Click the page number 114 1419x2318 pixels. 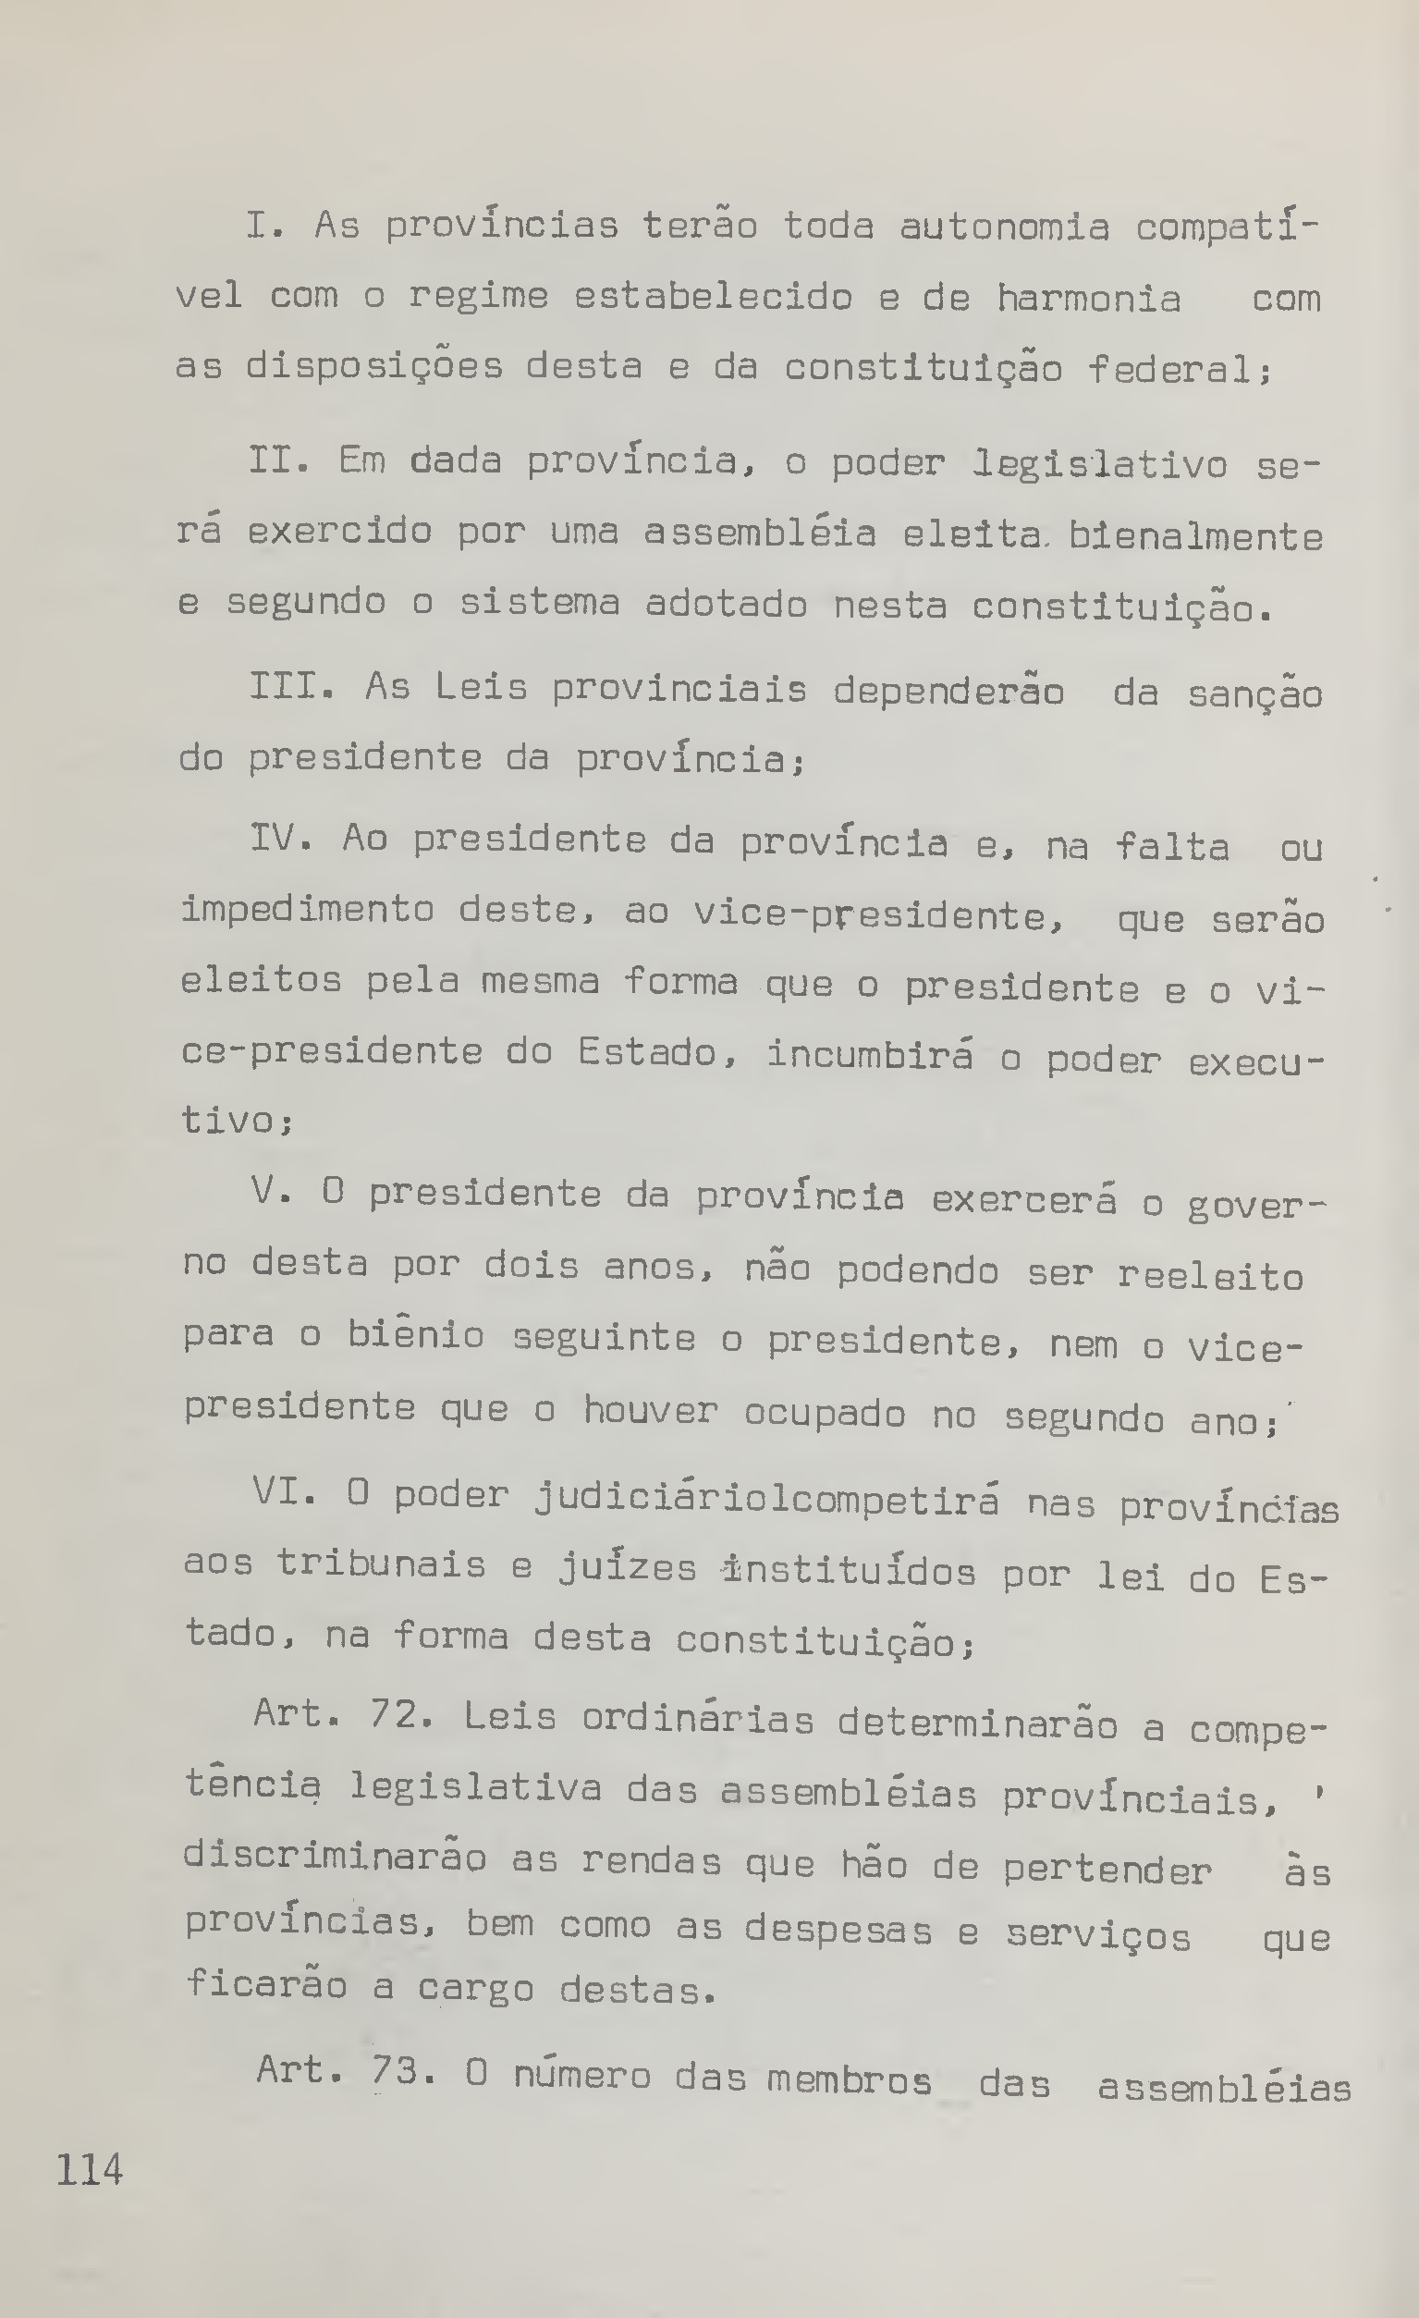tap(91, 2170)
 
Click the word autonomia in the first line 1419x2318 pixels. tap(1004, 227)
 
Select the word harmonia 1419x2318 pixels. tap(1088, 300)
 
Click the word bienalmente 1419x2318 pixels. tap(1196, 537)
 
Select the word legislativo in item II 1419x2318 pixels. tap(1099, 464)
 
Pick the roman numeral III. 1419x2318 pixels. tap(288, 687)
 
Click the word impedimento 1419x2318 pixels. tap(308, 911)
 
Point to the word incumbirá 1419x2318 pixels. tap(870, 1055)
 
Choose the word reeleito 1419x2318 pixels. tap(1210, 1277)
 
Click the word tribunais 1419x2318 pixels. tap(381, 1564)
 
